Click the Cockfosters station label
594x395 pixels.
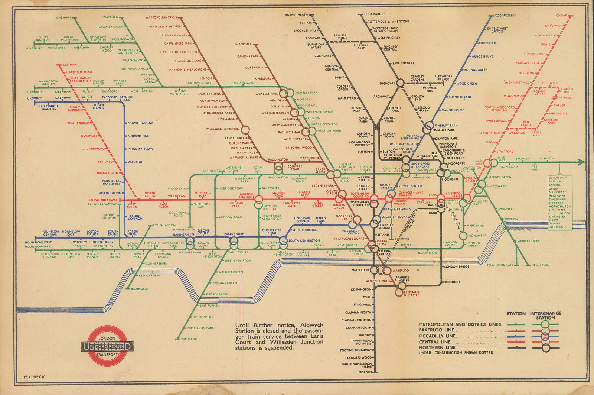click(505, 16)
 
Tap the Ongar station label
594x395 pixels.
click(561, 16)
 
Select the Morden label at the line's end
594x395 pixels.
click(365, 372)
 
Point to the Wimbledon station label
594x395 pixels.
click(190, 339)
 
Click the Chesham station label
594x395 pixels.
click(63, 17)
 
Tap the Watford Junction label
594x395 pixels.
click(161, 17)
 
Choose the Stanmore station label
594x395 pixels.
click(243, 44)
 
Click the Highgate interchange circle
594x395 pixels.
click(400, 83)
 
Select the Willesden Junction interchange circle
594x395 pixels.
click(245, 130)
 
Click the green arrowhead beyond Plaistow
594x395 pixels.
click(582, 162)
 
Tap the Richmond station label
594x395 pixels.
click(139, 289)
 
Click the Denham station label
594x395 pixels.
click(70, 65)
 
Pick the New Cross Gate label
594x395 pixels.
click(500, 265)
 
